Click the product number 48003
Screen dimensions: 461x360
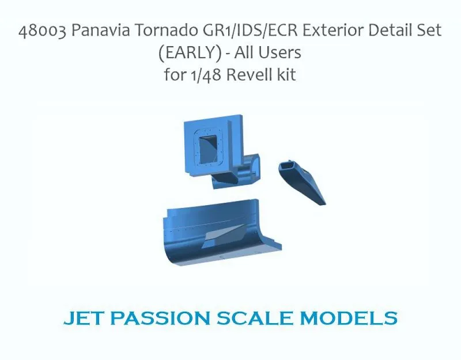click(x=43, y=31)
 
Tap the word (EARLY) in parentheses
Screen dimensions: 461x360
click(x=190, y=53)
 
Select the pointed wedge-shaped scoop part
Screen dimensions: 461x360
click(x=302, y=182)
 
